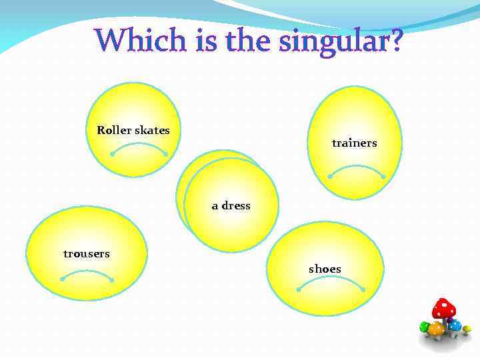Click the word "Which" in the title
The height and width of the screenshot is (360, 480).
tap(133, 41)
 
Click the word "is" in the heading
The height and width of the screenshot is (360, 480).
tap(206, 41)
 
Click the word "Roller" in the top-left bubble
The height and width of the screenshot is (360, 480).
tap(114, 130)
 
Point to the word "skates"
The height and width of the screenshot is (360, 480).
tap(152, 130)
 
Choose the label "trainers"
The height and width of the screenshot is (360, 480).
tap(354, 143)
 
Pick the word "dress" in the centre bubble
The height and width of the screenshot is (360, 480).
tap(236, 205)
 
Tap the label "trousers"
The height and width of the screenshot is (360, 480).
tap(87, 253)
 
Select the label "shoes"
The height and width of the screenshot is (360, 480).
tap(325, 269)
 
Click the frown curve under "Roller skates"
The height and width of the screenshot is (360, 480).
tap(139, 145)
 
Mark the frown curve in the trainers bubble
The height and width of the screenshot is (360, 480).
tap(357, 167)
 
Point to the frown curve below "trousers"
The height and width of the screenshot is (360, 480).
tap(87, 272)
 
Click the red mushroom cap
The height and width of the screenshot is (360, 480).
tap(443, 308)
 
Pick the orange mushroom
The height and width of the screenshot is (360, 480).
tap(437, 329)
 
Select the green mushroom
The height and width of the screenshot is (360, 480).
tap(425, 327)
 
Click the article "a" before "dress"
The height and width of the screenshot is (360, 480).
tap(215, 205)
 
